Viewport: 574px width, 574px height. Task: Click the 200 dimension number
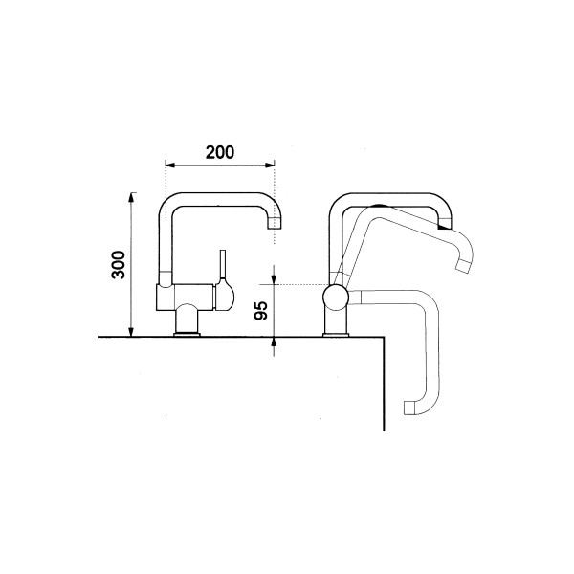(x=220, y=152)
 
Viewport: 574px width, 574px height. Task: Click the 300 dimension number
(x=119, y=265)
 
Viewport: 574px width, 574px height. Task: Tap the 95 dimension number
(x=261, y=310)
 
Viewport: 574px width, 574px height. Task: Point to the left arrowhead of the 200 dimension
(x=170, y=165)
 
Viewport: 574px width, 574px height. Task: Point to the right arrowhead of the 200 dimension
(x=270, y=166)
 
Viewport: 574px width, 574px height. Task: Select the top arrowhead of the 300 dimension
(x=132, y=197)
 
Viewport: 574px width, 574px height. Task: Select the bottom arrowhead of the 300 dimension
(x=132, y=332)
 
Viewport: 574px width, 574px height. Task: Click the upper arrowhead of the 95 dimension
(x=275, y=279)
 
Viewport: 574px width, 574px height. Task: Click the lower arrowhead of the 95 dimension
(x=275, y=342)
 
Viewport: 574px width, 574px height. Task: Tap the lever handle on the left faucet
(x=223, y=265)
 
